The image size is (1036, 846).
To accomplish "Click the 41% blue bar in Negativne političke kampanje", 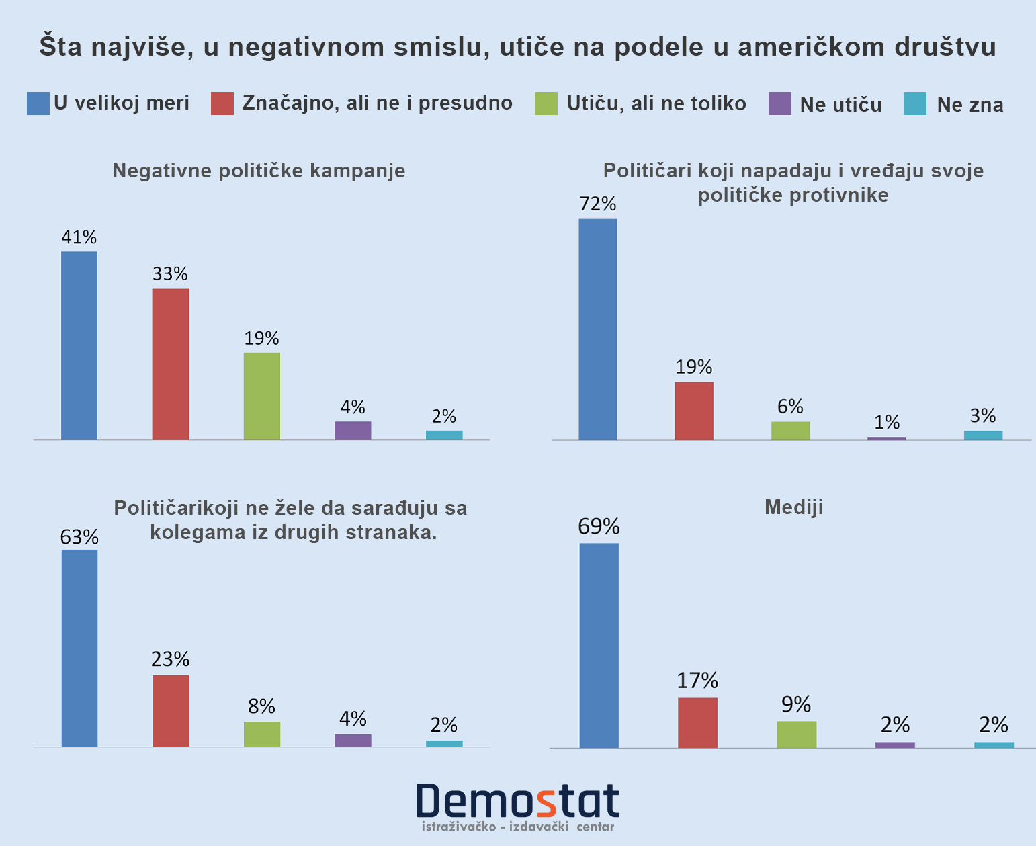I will [79, 345].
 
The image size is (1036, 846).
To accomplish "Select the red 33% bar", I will [171, 364].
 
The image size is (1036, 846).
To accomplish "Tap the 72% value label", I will [598, 204].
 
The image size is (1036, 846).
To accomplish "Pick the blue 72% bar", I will [598, 329].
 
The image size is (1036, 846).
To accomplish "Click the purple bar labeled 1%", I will [887, 438].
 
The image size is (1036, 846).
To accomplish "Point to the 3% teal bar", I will [983, 435].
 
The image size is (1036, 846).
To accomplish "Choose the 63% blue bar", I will [79, 648].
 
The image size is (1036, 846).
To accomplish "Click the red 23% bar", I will [171, 710].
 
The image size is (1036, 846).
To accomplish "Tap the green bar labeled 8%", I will [262, 734].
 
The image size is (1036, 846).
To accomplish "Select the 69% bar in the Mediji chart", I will [599, 645].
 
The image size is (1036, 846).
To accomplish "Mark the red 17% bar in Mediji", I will [697, 722].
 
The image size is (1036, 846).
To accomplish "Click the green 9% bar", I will [797, 734].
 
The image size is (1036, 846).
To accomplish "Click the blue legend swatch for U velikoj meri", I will [38, 103].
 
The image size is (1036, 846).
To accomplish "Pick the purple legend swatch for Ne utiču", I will [780, 104].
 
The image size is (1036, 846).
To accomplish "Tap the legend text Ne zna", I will [970, 104].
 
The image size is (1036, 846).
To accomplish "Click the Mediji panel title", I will [793, 507].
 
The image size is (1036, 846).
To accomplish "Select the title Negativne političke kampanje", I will [259, 170].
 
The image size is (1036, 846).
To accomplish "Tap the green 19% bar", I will [262, 396].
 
